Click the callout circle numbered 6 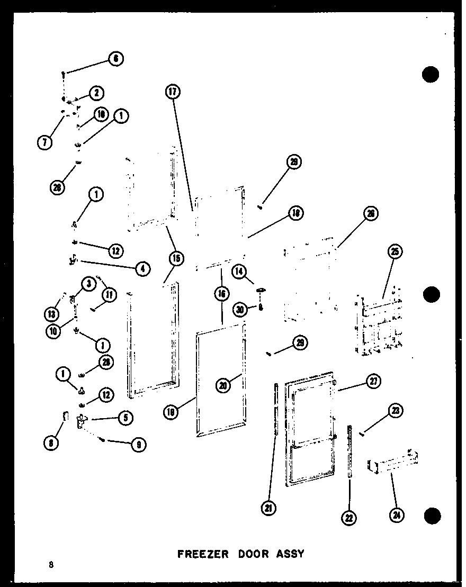tap(116, 59)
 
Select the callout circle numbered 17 tap(172, 92)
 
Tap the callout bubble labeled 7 tap(46, 142)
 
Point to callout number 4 tap(141, 268)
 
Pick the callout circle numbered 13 tap(51, 314)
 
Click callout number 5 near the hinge tap(126, 417)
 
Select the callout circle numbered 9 tap(138, 445)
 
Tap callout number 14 tap(239, 272)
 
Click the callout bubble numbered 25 tap(394, 252)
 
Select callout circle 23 tap(396, 411)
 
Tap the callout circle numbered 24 tap(395, 513)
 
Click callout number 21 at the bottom tap(269, 508)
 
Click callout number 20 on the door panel tap(223, 385)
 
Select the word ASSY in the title tap(290, 554)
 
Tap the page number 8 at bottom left tap(51, 564)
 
